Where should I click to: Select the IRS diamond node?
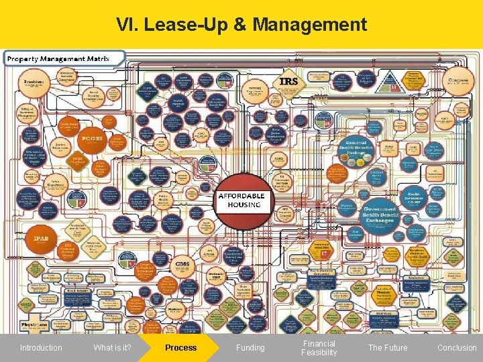coord(288,82)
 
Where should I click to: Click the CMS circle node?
coord(183,265)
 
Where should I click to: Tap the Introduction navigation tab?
coord(41,347)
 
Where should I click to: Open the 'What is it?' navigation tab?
coord(112,347)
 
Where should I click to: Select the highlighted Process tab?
coord(180,347)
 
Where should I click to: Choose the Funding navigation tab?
coord(250,347)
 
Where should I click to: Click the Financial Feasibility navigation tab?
coord(319,347)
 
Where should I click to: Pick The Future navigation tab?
coord(387,347)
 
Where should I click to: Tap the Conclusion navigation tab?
coord(456,347)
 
